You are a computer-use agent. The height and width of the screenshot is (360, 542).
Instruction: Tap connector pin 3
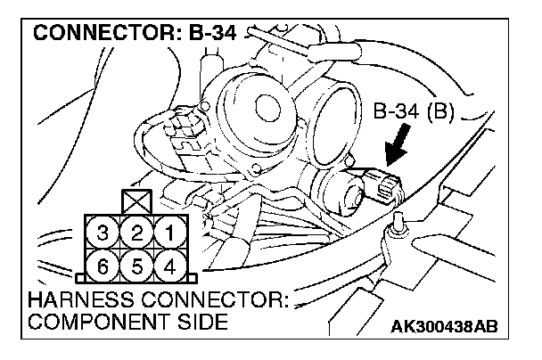[103, 233]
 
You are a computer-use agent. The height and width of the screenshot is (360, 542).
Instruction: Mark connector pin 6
[103, 265]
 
